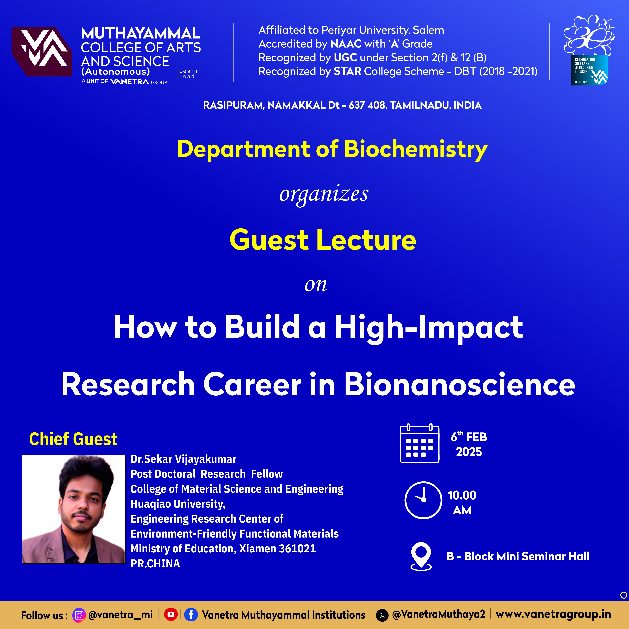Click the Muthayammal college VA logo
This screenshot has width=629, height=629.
[x=42, y=51]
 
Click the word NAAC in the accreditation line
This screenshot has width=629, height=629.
[x=346, y=44]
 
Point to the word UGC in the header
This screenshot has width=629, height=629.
[x=345, y=58]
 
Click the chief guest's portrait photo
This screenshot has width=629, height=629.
[x=74, y=509]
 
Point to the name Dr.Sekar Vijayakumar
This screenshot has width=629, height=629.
[x=183, y=459]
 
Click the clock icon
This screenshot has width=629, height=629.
[x=423, y=500]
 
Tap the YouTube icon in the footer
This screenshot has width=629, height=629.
[x=171, y=614]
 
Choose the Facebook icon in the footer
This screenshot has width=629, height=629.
[x=191, y=615]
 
